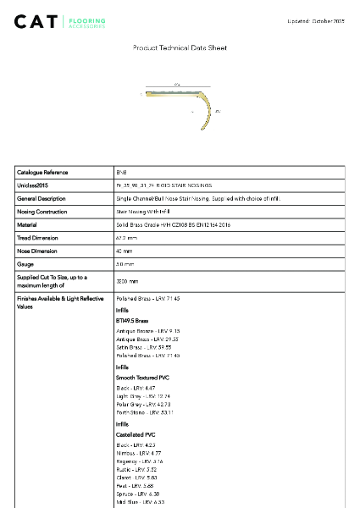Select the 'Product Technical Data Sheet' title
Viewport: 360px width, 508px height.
pyautogui.click(x=180, y=48)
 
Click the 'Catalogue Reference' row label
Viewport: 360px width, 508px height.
pyautogui.click(x=42, y=172)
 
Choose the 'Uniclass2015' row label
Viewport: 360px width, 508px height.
pyautogui.click(x=33, y=185)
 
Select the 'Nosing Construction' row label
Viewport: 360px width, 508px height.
pyautogui.click(x=42, y=212)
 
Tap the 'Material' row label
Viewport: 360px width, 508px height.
pyautogui.click(x=27, y=225)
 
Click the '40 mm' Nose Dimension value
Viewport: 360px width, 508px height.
pyautogui.click(x=125, y=251)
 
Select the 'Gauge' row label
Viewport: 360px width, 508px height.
pyautogui.click(x=25, y=265)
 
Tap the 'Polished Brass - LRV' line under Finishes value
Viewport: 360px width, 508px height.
pyautogui.click(x=147, y=299)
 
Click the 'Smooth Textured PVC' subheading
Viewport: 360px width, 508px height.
pyautogui.click(x=142, y=376)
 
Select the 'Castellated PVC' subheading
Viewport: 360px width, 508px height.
pyautogui.click(x=136, y=433)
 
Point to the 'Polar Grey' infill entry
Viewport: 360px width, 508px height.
pyautogui.click(x=142, y=405)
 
